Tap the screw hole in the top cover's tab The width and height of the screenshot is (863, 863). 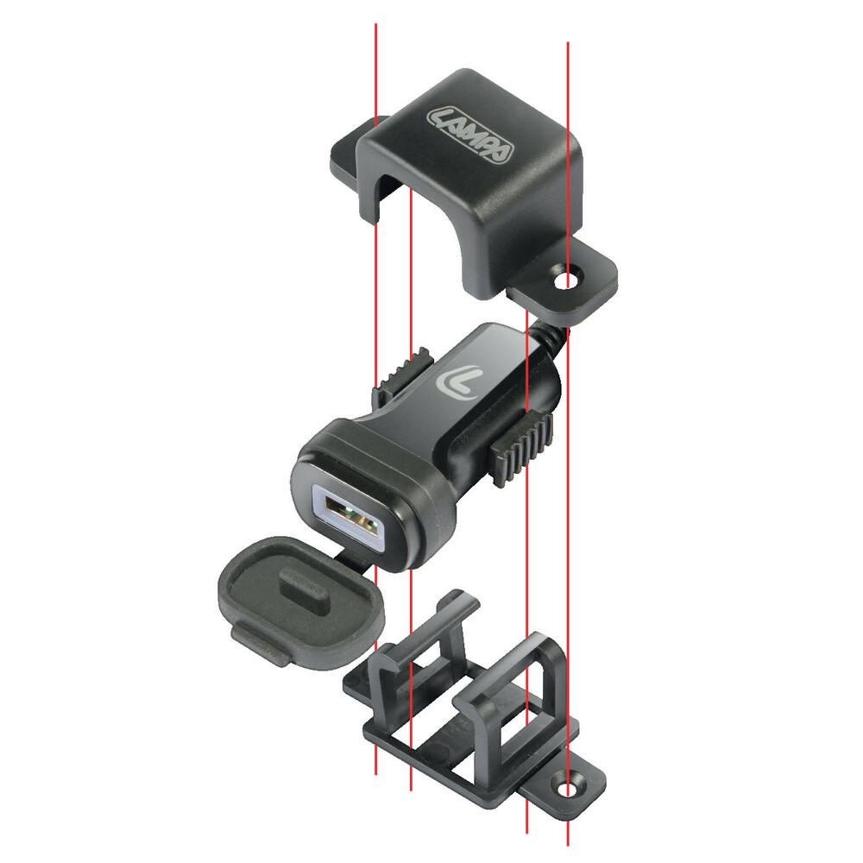(567, 281)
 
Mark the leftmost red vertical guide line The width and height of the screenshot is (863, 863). (376, 69)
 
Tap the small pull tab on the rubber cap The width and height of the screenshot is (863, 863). (255, 644)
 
